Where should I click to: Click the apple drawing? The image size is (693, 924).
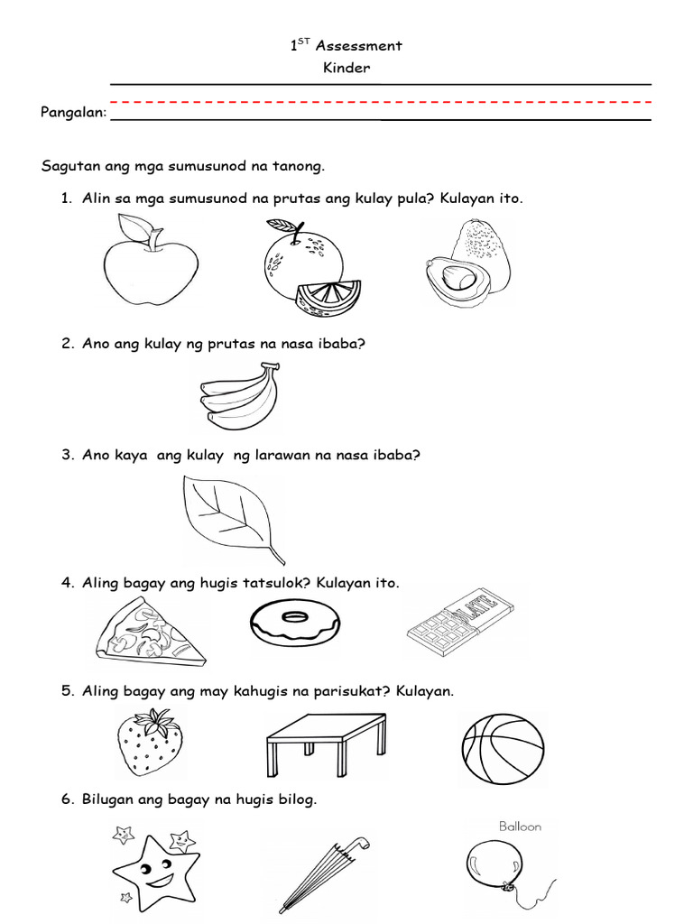[x=150, y=267]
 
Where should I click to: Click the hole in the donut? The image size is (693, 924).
[x=294, y=617]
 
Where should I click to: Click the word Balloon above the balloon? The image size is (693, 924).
[x=520, y=826]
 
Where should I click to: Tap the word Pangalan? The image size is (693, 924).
[x=73, y=114]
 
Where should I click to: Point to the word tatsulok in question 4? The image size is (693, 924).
[x=273, y=583]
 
